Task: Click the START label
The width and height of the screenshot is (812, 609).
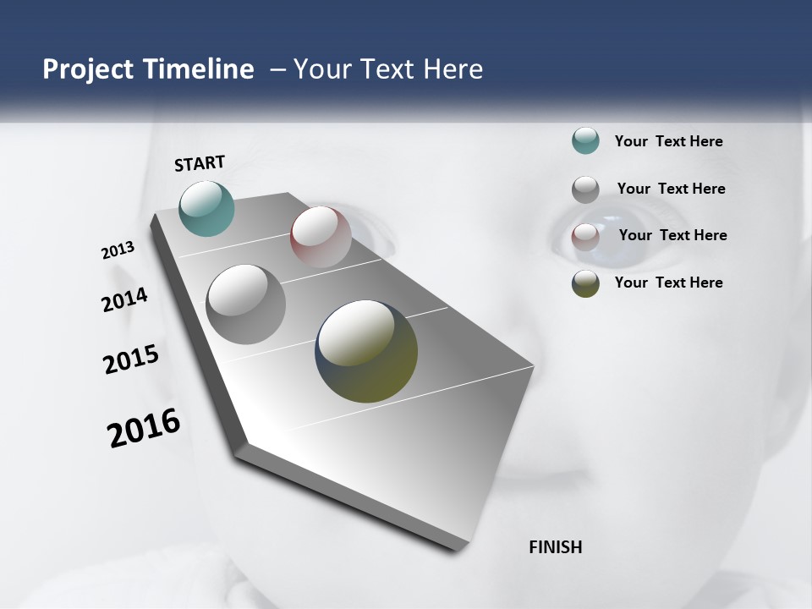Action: click(x=200, y=163)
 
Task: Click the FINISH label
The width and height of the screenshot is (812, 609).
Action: click(x=556, y=547)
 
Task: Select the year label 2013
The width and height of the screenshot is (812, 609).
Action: click(x=118, y=250)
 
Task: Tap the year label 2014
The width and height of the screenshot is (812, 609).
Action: click(x=125, y=300)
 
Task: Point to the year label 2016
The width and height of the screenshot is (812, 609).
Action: click(x=144, y=428)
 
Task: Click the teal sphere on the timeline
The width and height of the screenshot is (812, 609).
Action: click(x=206, y=208)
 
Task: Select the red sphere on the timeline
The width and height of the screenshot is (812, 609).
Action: click(x=321, y=236)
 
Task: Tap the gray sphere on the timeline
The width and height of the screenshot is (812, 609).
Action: click(x=245, y=304)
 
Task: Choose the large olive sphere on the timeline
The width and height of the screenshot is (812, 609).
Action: click(x=366, y=351)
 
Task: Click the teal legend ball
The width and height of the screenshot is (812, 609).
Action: click(x=585, y=141)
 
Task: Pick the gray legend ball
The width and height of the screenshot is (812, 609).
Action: click(x=585, y=189)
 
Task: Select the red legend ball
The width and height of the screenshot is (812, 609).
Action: click(x=585, y=237)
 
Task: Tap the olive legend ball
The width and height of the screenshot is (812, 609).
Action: click(x=585, y=283)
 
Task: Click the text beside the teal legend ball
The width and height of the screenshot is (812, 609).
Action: click(x=668, y=141)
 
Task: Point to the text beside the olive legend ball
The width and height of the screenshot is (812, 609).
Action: click(x=668, y=283)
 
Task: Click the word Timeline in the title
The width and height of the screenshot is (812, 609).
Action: click(x=200, y=69)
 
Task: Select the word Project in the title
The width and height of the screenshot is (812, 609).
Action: click(x=88, y=69)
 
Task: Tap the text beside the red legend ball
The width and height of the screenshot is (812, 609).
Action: click(x=672, y=235)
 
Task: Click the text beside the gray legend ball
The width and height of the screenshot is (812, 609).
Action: click(x=671, y=189)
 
